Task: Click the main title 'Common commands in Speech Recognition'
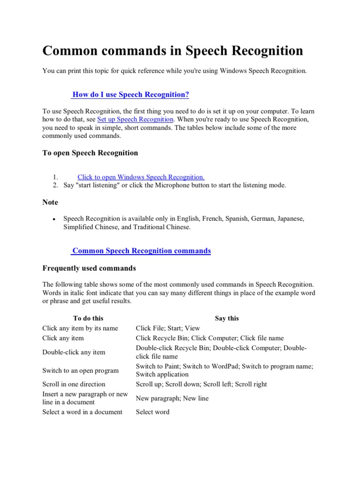click(x=172, y=51)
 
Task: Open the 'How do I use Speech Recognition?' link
click(x=130, y=95)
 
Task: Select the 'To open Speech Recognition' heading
click(x=90, y=153)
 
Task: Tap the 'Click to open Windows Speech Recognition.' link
click(x=141, y=177)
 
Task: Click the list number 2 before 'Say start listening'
click(x=55, y=185)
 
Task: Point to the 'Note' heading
click(x=50, y=202)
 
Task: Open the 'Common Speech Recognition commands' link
click(x=141, y=251)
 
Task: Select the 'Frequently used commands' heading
click(x=89, y=268)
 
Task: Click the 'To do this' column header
click(x=88, y=318)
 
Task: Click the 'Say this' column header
click(x=227, y=318)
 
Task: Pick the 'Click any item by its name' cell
click(x=80, y=328)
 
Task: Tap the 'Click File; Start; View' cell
click(x=168, y=328)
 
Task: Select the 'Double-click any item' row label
click(x=74, y=352)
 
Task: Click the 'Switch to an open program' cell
click(x=80, y=370)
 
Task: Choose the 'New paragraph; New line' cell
click(x=172, y=398)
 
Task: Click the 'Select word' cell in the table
click(x=152, y=412)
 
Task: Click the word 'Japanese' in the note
click(x=290, y=218)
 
